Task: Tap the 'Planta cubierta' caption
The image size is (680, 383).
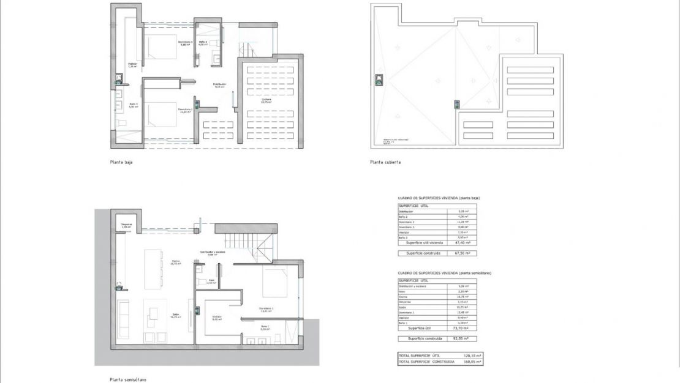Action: coord(385,163)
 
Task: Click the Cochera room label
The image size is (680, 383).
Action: coord(266,100)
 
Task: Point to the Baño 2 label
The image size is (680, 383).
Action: coord(203,42)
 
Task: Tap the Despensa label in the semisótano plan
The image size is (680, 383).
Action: coord(127,225)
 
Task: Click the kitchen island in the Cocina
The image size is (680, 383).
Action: coord(154,269)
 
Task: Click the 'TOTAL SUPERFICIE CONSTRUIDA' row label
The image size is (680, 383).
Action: coord(426,362)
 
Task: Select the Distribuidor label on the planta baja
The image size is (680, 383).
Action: coord(220,84)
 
